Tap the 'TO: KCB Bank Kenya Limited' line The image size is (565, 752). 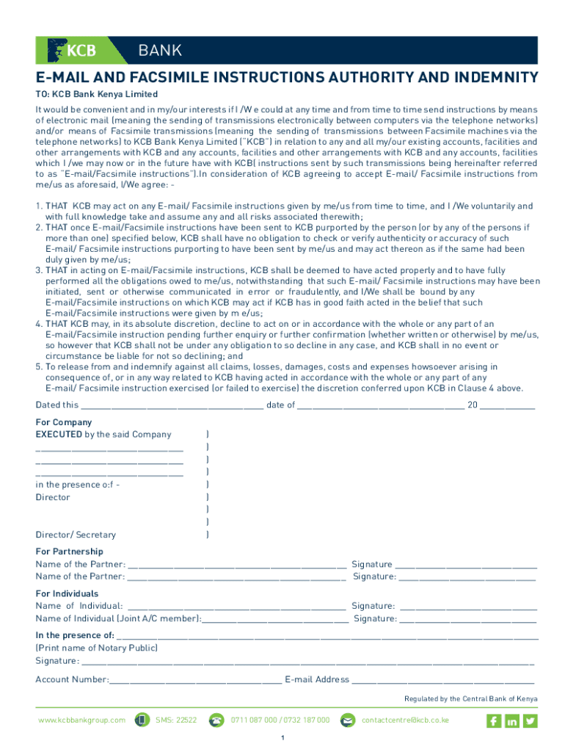97,94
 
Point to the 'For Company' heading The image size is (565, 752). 64,422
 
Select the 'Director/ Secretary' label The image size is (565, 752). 76,535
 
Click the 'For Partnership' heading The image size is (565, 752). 70,552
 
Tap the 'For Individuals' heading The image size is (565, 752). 67,593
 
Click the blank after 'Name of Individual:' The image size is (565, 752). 236,607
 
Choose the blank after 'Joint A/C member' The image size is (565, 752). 275,619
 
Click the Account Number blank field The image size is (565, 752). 195,680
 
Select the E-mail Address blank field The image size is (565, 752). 443,680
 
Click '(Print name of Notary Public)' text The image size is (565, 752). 96,648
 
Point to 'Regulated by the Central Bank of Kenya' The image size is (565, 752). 470,699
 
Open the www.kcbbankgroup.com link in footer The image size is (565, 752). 81,720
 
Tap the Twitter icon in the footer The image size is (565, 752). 530,721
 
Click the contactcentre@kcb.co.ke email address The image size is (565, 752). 405,720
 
